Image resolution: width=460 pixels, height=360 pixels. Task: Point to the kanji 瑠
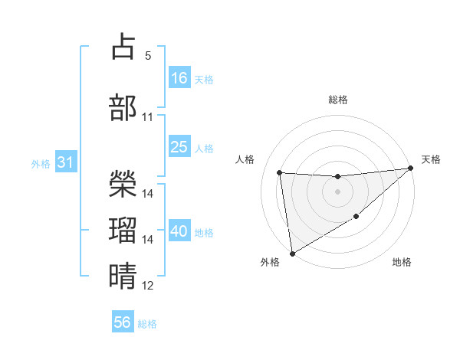pos(123,229)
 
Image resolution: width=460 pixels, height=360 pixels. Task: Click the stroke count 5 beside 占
pos(148,56)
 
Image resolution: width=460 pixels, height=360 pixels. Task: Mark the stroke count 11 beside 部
pos(148,117)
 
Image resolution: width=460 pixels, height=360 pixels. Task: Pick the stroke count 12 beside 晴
pos(148,286)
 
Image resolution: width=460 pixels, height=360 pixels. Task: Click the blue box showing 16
pos(179,77)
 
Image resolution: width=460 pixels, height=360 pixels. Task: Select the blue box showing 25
pos(179,147)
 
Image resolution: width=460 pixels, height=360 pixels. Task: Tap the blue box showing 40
pos(179,231)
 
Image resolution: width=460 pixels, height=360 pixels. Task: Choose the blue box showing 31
pos(65,162)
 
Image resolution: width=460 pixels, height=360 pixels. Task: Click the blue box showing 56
pos(123,322)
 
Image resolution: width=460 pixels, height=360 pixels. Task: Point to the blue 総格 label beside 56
pos(147,324)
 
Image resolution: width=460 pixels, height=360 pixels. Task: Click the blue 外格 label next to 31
pos(40,163)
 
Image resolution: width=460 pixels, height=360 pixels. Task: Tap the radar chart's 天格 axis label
pos(431,159)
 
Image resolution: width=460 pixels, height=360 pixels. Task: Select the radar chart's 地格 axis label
pos(402,263)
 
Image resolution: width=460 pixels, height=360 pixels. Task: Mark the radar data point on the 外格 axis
pos(292,253)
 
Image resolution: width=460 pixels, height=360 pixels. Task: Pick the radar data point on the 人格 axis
pos(280,172)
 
